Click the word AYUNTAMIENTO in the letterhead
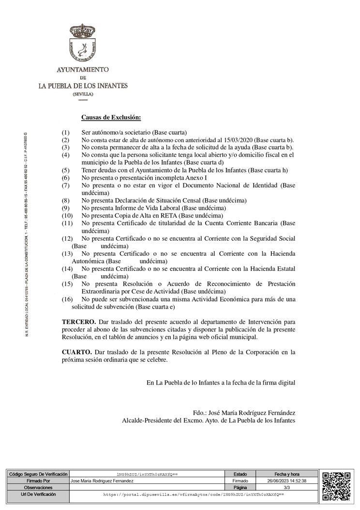pos(83,70)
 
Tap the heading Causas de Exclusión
pos(111,117)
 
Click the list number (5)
pos(66,170)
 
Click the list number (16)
pos(67,299)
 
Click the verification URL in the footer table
pos(194,495)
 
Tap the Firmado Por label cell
pos(37,481)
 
